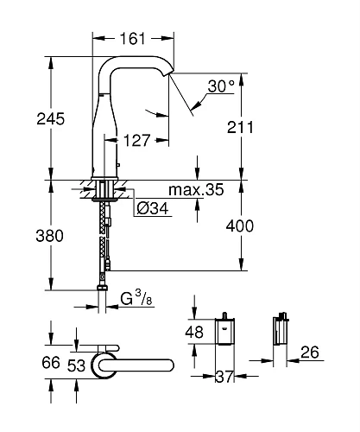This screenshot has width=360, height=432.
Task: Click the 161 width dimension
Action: (x=131, y=39)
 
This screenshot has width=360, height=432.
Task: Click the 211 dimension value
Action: (x=251, y=128)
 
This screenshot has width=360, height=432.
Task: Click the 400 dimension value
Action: (x=251, y=226)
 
